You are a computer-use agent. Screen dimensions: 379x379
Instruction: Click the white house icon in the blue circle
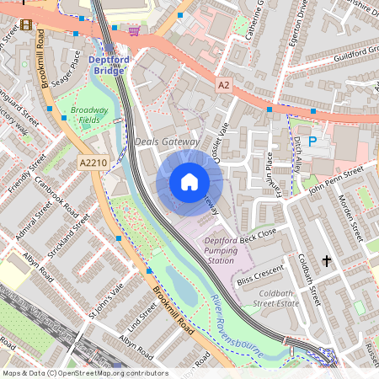(189, 182)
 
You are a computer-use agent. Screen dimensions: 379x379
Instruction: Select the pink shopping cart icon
(134, 31)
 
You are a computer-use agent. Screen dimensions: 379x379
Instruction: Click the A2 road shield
(223, 86)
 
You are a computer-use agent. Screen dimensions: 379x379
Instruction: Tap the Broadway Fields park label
(91, 115)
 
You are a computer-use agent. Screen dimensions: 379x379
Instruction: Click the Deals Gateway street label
(167, 142)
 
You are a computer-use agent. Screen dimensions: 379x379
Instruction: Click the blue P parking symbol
(312, 142)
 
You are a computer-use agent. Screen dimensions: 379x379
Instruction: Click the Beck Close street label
(258, 237)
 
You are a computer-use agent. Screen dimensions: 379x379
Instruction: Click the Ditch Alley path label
(296, 151)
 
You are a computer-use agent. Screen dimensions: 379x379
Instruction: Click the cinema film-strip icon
(26, 24)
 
